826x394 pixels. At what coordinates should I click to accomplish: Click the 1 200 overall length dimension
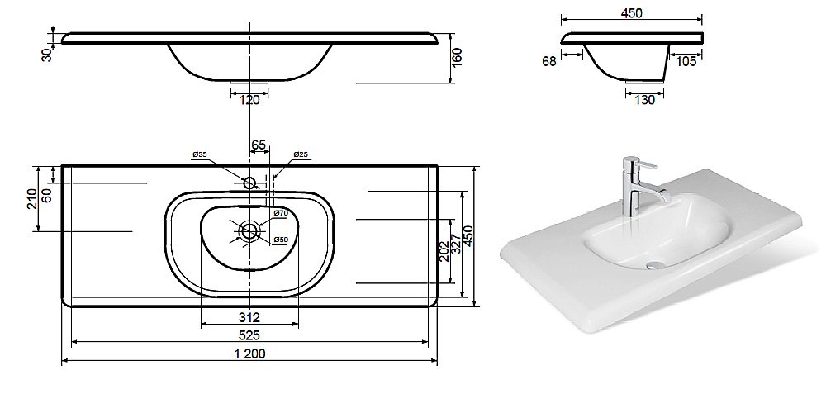(249, 354)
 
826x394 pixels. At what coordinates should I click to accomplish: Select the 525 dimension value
(249, 335)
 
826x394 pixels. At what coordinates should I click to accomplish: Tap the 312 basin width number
(249, 318)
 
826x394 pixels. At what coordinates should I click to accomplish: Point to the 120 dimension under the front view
(249, 100)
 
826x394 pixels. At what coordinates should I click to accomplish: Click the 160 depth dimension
(457, 57)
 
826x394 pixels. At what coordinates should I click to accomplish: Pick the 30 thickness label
(48, 55)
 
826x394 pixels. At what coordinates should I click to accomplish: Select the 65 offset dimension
(259, 145)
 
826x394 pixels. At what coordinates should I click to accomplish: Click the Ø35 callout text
(199, 154)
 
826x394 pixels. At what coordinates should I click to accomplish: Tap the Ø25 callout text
(301, 154)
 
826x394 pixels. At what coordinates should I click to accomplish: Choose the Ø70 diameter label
(281, 213)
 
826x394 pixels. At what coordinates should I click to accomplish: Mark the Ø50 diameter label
(281, 240)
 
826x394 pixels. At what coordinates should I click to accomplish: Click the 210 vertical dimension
(33, 198)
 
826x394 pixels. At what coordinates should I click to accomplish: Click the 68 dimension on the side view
(549, 62)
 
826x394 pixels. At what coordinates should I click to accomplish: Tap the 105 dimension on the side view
(686, 62)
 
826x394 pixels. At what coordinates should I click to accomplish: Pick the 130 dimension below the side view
(645, 100)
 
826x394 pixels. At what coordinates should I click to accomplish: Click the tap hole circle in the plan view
(249, 183)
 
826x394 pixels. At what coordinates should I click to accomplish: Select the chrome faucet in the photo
(639, 185)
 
